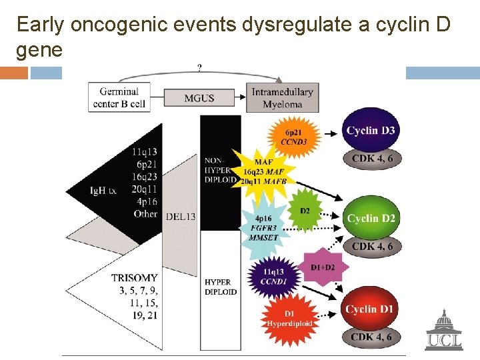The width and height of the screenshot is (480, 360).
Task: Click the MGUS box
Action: [x=199, y=98]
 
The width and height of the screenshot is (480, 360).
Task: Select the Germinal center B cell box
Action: [x=119, y=97]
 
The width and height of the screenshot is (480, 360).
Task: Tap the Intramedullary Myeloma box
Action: [x=283, y=97]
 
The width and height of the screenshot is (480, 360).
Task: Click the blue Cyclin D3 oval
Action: [x=371, y=129]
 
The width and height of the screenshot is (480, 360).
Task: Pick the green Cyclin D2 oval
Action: [x=371, y=217]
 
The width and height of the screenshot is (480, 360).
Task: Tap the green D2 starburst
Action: [x=305, y=211]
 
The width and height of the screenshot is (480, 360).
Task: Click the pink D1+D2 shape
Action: [x=323, y=267]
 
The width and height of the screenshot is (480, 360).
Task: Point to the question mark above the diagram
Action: [x=199, y=67]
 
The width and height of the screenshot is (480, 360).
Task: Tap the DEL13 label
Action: [x=180, y=216]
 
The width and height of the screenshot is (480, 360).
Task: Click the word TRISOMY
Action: [x=135, y=277]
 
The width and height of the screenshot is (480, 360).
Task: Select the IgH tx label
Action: [x=103, y=191]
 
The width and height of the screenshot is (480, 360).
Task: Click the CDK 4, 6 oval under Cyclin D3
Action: [x=372, y=158]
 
